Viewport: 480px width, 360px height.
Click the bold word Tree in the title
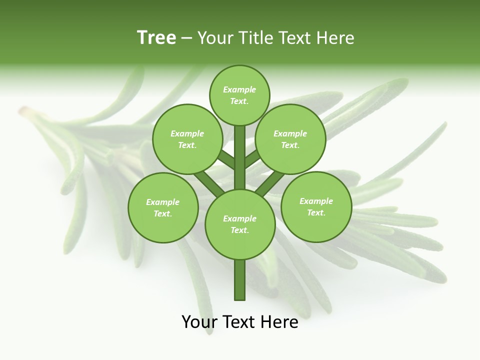[156, 38]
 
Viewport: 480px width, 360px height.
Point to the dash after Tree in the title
[187, 38]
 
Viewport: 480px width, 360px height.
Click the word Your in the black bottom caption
[199, 322]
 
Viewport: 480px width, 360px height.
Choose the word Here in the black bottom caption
[280, 322]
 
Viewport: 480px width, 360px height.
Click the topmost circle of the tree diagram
[239, 95]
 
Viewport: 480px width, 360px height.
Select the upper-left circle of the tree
[187, 139]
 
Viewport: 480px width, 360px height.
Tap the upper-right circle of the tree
[290, 139]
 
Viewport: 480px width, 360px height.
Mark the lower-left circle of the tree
[163, 207]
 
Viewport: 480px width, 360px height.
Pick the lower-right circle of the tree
[316, 206]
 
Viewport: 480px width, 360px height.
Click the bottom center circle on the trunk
[240, 224]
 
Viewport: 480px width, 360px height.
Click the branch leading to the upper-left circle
[226, 160]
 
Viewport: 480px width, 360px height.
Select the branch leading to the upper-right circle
[253, 159]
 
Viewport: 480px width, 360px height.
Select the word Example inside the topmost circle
[239, 89]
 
